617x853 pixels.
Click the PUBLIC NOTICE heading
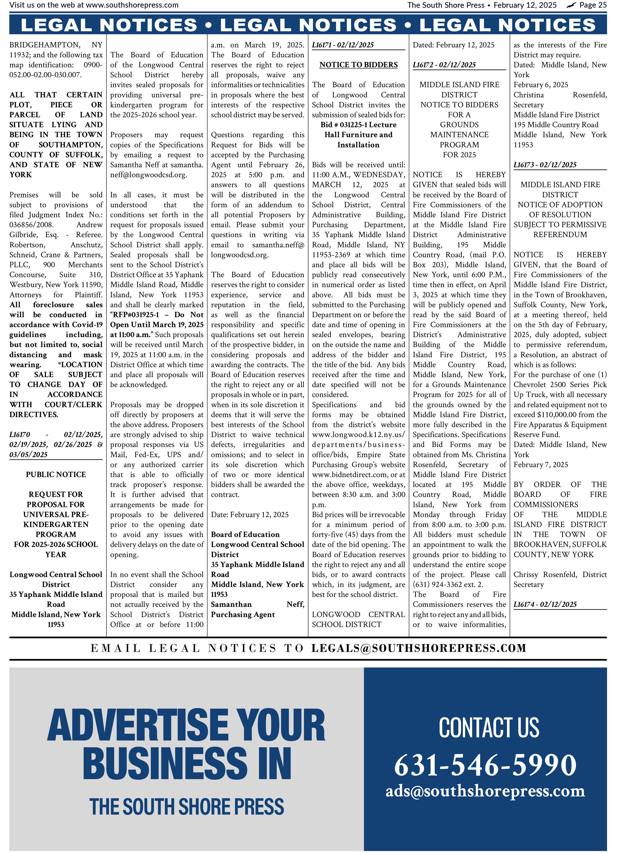(x=56, y=475)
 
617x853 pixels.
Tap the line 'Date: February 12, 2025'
(x=249, y=515)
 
